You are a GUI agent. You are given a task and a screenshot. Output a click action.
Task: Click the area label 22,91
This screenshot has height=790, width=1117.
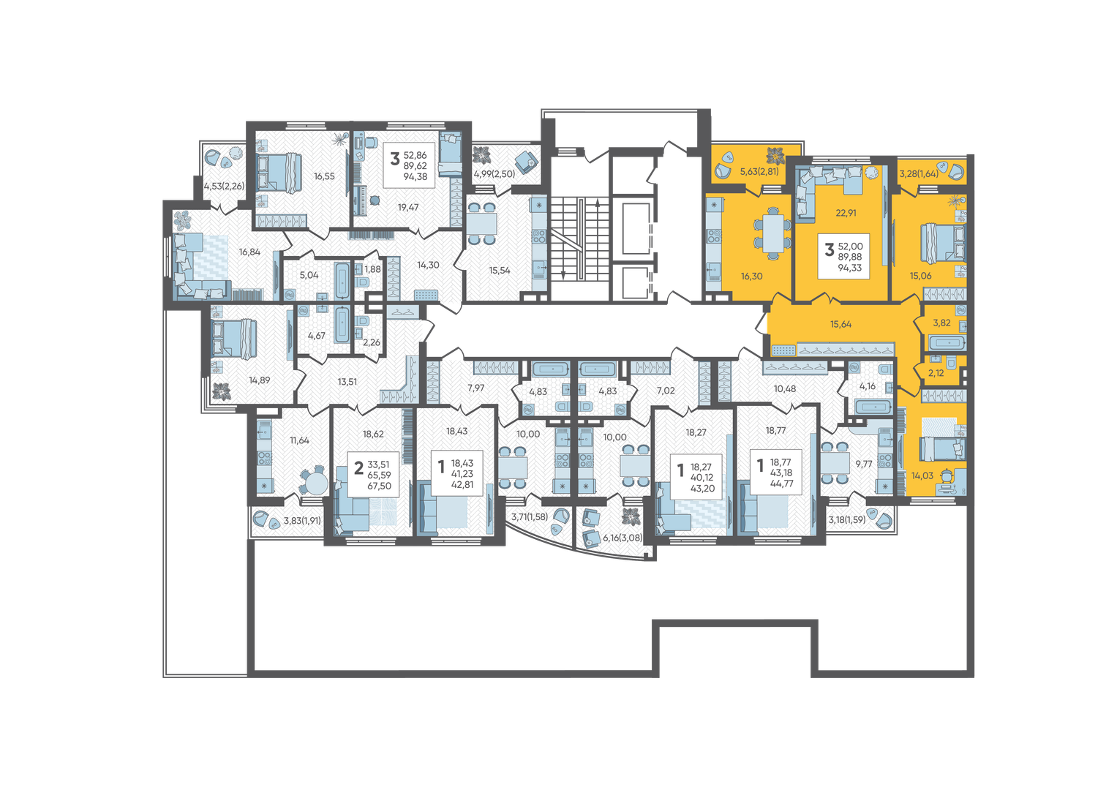pyautogui.click(x=846, y=213)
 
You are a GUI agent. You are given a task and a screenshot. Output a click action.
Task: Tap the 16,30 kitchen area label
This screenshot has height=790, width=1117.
pyautogui.click(x=751, y=276)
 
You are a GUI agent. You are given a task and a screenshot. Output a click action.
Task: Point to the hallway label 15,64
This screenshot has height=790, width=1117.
pyautogui.click(x=840, y=324)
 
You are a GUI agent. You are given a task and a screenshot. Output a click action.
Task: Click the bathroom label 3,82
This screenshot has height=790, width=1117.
pyautogui.click(x=941, y=323)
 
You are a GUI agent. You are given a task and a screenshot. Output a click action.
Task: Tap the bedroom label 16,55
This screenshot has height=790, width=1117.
pyautogui.click(x=324, y=176)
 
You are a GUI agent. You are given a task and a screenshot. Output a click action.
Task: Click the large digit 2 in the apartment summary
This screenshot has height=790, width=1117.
pyautogui.click(x=358, y=468)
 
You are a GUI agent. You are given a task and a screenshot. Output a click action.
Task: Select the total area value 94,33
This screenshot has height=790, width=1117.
pyautogui.click(x=850, y=268)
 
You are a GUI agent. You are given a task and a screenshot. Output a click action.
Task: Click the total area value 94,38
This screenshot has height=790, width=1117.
pyautogui.click(x=415, y=176)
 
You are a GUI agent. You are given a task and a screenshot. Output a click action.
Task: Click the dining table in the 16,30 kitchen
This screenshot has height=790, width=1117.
pyautogui.click(x=773, y=233)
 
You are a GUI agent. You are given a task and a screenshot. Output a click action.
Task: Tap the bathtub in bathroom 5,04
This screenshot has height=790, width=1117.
pyautogui.click(x=342, y=280)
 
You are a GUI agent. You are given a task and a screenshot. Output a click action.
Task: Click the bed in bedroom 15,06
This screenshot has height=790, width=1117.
pyautogui.click(x=942, y=243)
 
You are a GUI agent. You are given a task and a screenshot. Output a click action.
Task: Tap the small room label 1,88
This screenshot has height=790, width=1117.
pyautogui.click(x=372, y=269)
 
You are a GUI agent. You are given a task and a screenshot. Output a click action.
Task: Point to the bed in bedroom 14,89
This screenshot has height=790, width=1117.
pyautogui.click(x=233, y=339)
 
